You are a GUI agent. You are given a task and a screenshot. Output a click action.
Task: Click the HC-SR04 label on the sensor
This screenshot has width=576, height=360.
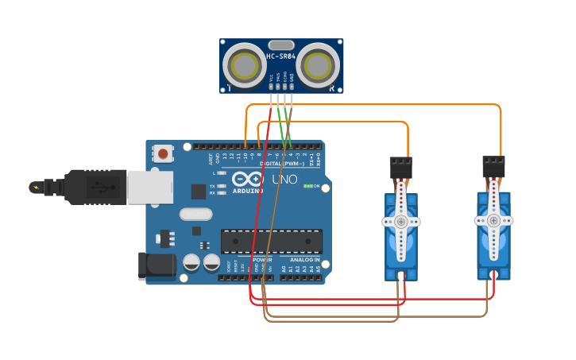point(281,57)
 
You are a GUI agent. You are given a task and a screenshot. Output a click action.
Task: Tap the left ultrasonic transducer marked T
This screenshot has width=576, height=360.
point(243,63)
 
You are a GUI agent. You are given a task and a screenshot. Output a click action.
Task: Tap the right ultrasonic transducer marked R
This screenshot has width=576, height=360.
point(320,63)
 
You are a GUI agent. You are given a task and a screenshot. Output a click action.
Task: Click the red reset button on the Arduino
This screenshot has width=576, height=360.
point(164,153)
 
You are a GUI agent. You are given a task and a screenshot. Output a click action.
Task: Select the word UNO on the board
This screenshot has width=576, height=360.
point(284,180)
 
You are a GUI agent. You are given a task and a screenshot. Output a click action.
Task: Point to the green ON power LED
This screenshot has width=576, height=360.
point(307,186)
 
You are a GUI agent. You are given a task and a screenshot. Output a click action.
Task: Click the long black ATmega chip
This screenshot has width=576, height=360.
point(272,241)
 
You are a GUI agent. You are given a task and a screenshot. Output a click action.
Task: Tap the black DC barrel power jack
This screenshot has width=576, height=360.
point(156,267)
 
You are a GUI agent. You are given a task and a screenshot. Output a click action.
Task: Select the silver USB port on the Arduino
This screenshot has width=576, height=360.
point(149,188)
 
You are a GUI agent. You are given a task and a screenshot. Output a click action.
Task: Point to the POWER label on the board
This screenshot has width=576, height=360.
point(262,260)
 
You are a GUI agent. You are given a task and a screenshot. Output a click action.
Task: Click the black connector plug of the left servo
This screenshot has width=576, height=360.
point(400,167)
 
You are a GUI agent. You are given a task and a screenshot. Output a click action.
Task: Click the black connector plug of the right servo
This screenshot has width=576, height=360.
point(493,166)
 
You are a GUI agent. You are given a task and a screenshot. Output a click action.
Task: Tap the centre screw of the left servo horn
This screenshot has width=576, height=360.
point(401,222)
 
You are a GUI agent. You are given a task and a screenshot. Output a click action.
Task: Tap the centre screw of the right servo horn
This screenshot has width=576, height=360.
point(493,220)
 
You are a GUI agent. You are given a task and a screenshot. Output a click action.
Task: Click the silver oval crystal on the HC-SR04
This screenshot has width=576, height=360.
point(281,45)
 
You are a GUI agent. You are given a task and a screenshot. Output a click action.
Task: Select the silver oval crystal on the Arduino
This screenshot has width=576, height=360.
point(195,214)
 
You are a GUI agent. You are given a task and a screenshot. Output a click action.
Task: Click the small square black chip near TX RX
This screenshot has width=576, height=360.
point(198,192)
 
